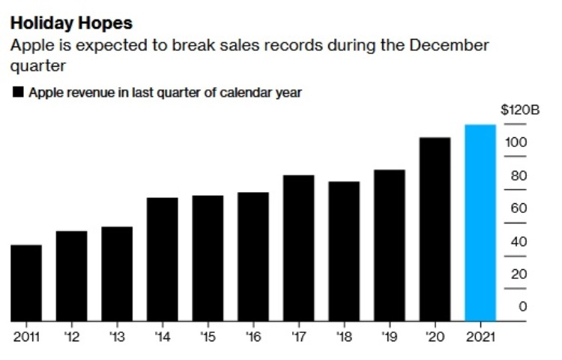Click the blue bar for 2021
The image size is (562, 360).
tap(480, 223)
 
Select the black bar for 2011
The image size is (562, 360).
tap(26, 283)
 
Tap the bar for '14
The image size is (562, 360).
tap(163, 259)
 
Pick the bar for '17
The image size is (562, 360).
tap(298, 248)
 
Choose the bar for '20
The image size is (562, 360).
tap(435, 229)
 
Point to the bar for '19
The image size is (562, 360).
tap(389, 246)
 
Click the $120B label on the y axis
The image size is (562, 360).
tap(519, 109)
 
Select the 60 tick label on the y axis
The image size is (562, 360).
tap(519, 208)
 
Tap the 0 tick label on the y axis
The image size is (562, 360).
tap(522, 306)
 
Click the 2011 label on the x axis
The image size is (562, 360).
tap(27, 336)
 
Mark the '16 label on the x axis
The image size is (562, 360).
tap(253, 336)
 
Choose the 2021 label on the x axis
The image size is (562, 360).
tap(480, 336)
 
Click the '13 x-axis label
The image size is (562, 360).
tap(117, 336)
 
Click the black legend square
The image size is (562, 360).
tap(16, 94)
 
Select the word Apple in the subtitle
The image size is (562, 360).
tap(31, 46)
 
